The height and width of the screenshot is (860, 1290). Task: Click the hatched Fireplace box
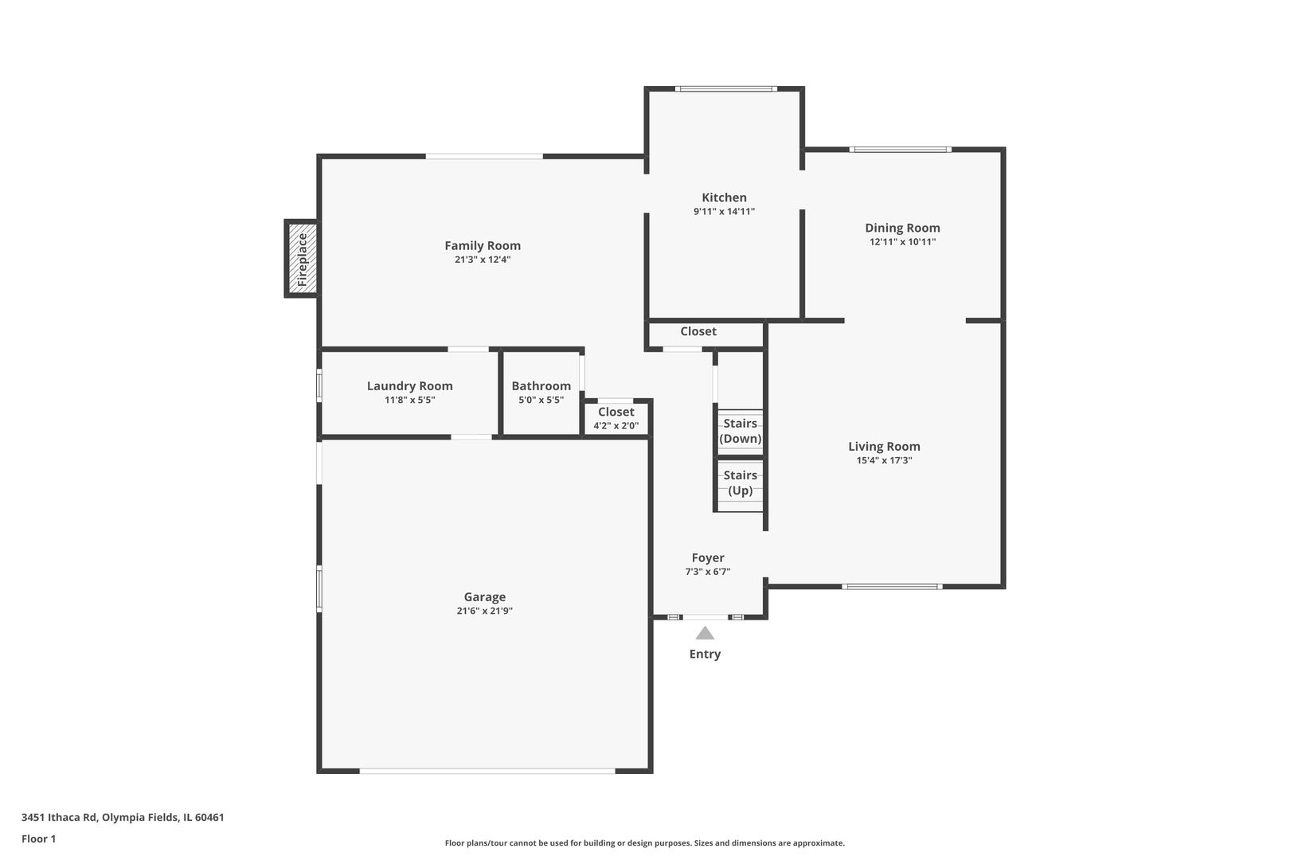303,259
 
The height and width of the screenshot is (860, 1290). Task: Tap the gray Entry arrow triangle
705,634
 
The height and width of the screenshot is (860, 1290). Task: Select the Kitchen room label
724,197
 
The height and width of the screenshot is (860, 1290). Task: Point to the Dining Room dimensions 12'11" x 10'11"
902,242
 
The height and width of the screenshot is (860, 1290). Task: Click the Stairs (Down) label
740,431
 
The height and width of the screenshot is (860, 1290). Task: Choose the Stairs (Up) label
740,483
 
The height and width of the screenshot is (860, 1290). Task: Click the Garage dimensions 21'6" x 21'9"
484,612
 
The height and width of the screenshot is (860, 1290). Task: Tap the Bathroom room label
541,386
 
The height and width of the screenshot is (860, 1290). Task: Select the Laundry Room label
409,386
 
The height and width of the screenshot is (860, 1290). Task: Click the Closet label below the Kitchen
698,331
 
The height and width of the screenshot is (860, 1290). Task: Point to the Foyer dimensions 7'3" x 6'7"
707,572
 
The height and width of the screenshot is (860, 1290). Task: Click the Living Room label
884,447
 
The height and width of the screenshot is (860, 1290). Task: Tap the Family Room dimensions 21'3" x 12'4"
483,260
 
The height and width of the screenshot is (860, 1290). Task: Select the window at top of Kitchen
725,89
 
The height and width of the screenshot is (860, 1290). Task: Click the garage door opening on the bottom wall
487,771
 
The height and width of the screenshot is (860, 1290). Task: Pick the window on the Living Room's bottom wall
892,587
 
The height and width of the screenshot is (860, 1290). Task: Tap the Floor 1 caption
38,838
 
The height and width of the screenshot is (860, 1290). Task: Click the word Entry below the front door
705,654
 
